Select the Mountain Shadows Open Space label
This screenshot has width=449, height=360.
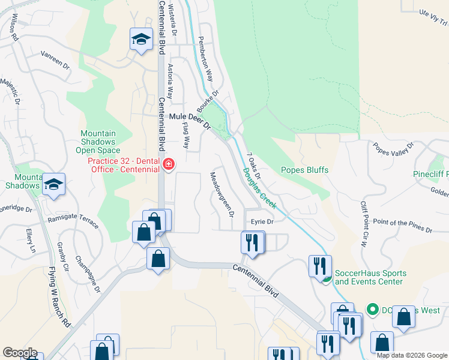pos(100,142)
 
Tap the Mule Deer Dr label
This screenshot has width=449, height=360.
pos(190,121)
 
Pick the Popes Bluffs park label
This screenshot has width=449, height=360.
pos(304,170)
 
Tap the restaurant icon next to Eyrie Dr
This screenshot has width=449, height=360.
pos(252,242)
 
